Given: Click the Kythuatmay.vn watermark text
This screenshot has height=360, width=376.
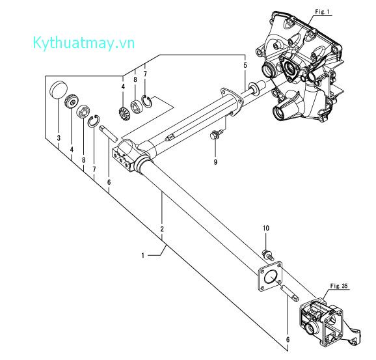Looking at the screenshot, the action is (84, 44).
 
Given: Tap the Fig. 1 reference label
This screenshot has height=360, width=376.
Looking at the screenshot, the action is (322, 12).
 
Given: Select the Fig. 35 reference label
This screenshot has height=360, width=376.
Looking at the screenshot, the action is (338, 286).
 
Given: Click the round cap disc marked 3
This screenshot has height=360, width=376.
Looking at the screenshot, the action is (59, 90).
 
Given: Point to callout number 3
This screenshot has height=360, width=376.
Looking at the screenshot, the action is (59, 138).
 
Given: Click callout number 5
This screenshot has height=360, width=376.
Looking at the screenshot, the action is (245, 65).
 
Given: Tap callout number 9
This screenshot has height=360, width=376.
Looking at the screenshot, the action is (215, 162).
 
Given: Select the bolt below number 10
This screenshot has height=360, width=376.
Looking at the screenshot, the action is (268, 255).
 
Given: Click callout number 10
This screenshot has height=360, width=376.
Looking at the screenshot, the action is (266, 228).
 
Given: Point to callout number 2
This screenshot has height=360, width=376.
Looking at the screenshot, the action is (162, 228).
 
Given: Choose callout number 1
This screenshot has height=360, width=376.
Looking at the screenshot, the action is (143, 255).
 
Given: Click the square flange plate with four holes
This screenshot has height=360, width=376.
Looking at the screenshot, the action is (270, 276).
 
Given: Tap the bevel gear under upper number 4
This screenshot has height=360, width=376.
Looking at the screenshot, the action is (124, 114).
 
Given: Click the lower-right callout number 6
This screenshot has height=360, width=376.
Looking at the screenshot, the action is (288, 339).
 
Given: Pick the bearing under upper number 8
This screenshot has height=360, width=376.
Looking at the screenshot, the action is (136, 107).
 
